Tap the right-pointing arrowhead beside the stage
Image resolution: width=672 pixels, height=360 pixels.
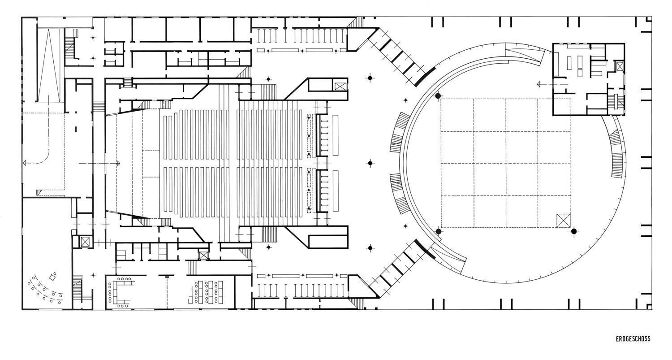point(118,163)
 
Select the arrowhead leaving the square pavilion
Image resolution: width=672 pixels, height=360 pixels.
point(539,84)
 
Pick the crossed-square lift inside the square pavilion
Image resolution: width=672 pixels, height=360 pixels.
point(620,66)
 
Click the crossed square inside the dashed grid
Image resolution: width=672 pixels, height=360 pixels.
point(563,220)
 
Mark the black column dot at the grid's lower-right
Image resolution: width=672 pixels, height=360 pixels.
point(574,231)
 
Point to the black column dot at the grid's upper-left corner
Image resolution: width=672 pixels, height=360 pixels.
point(438,96)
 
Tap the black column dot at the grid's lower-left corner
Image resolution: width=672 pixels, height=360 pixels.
point(438,231)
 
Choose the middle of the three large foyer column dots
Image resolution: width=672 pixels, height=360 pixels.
point(370,163)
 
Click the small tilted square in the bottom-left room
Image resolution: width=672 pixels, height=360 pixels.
point(53,277)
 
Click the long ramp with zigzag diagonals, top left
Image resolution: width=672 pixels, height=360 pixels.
point(48,65)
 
